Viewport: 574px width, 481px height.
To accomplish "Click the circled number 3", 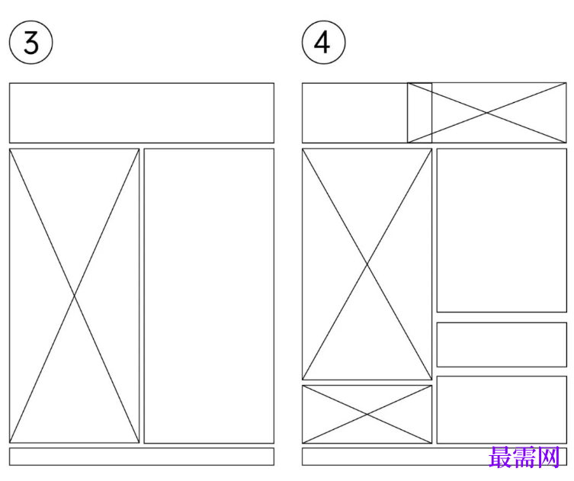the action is pyautogui.click(x=30, y=43).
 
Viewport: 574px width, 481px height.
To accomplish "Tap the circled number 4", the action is pyautogui.click(x=324, y=43).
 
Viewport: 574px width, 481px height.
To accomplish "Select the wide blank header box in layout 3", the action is pyautogui.click(x=142, y=113).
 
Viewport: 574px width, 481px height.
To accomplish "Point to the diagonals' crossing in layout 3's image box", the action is pyautogui.click(x=74, y=296).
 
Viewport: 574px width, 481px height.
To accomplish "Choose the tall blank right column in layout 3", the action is pyautogui.click(x=209, y=296).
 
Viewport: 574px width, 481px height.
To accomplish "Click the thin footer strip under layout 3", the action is pyautogui.click(x=142, y=457).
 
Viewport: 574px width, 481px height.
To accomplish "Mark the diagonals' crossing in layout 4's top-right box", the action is pyautogui.click(x=487, y=113).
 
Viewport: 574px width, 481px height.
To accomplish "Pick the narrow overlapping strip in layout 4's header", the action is pyautogui.click(x=419, y=113).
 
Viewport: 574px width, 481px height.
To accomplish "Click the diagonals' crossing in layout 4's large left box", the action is pyautogui.click(x=367, y=264).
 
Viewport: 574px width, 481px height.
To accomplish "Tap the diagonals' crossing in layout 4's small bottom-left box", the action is pyautogui.click(x=367, y=414).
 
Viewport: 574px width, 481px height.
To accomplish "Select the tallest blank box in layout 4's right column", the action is pyautogui.click(x=502, y=230).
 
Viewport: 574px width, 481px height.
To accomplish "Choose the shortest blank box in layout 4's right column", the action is pyautogui.click(x=502, y=345).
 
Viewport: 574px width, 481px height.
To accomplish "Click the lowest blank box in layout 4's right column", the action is pyautogui.click(x=502, y=409).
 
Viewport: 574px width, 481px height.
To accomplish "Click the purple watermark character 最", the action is pyautogui.click(x=500, y=457).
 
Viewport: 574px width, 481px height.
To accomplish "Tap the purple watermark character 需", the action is pyautogui.click(x=524, y=457).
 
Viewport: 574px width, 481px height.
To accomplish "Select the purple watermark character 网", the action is pyautogui.click(x=548, y=457).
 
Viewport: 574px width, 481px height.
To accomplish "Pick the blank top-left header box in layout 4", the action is pyautogui.click(x=354, y=113).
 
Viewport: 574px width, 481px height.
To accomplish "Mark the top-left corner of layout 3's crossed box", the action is pyautogui.click(x=9, y=149).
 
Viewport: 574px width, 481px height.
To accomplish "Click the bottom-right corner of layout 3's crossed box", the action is pyautogui.click(x=139, y=443).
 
